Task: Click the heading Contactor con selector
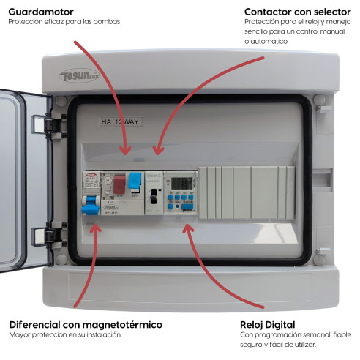[296, 12]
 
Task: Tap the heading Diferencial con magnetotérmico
[86, 324]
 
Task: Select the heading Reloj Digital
[268, 324]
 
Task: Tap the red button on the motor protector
[119, 184]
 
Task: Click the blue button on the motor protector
[135, 181]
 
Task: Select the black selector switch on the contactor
[154, 196]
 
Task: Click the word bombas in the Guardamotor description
[108, 22]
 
